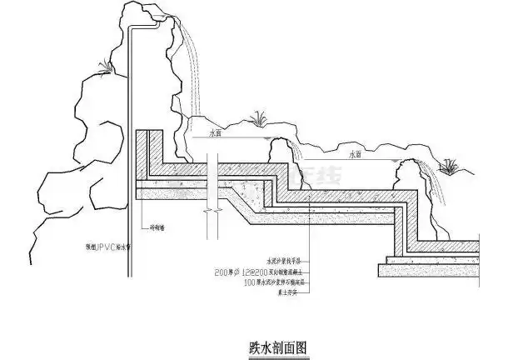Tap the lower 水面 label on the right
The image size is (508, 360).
pyautogui.click(x=356, y=154)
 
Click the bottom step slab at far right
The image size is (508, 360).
pyautogui.click(x=433, y=272)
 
